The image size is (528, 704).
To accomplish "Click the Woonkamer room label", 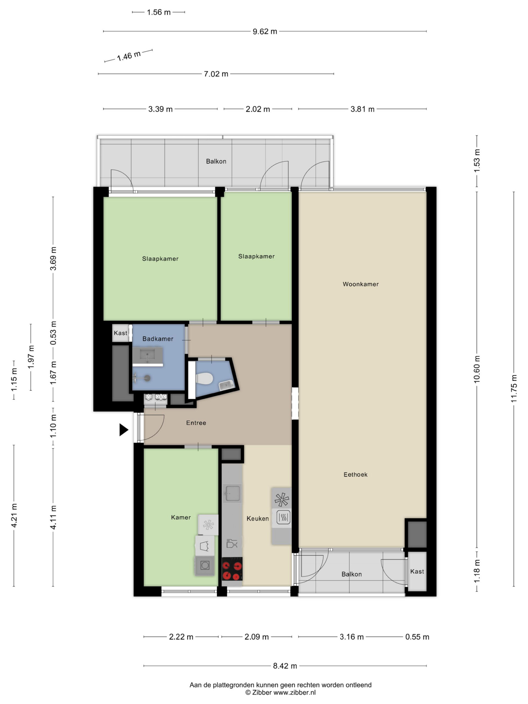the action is pos(361,284).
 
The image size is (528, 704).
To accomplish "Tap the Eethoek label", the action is pos(356,475).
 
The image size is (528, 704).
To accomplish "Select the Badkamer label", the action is pos(158,339).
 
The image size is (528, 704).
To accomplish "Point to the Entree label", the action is pos(196,423).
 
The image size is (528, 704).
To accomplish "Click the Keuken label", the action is pos(258,519).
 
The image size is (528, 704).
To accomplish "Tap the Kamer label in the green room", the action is pos(181,518).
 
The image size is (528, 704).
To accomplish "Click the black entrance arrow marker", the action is pos(123,430).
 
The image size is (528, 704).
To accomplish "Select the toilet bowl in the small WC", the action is pos(204,378).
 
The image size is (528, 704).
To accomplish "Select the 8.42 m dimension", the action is pos(285,666).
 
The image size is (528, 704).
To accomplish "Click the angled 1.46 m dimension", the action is pos(129,56).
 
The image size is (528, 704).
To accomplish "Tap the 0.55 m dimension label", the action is pos(417,637).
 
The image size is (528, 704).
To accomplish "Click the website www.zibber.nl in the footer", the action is pos(295,692).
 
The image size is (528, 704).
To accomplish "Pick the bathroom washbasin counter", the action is pos(148,357).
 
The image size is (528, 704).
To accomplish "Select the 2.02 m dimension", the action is pos(258,109).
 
